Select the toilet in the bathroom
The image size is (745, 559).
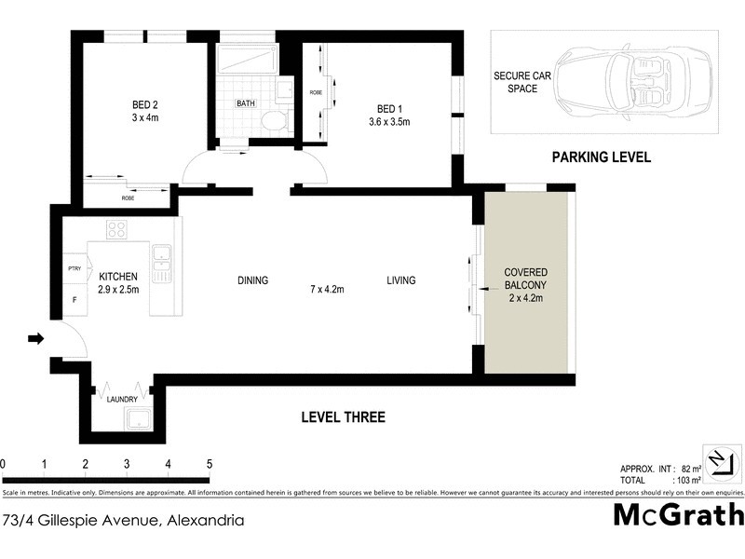click(272, 120)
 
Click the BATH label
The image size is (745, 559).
click(246, 103)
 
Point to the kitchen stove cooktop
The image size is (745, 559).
click(117, 229)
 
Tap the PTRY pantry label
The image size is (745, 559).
click(74, 269)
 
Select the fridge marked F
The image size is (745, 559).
click(74, 301)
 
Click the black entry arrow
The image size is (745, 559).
click(36, 339)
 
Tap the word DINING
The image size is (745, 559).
click(252, 280)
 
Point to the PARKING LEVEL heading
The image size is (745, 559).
click(601, 157)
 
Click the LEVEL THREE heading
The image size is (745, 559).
click(343, 417)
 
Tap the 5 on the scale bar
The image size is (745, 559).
click(210, 463)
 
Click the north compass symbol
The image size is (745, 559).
click(719, 462)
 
